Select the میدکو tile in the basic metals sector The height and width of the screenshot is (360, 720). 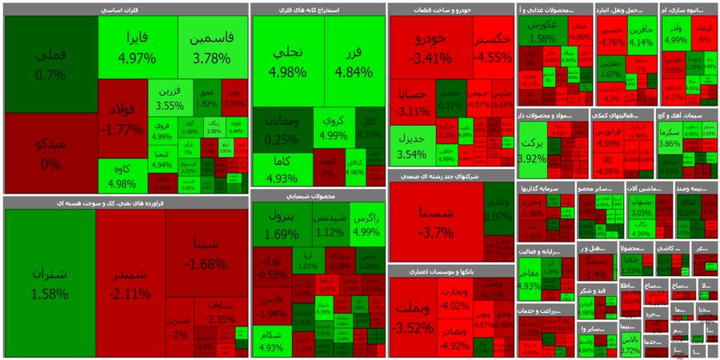(x=51, y=153)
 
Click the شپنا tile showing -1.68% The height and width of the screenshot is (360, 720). (x=206, y=252)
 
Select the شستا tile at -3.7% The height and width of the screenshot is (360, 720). (x=436, y=220)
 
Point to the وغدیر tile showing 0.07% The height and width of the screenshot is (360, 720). (x=498, y=208)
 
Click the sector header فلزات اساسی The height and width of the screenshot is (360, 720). (x=126, y=10)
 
